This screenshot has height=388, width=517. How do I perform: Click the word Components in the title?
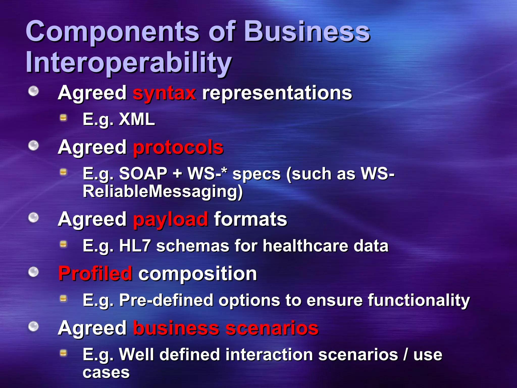click(112, 32)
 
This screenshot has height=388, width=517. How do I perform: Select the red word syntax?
click(164, 93)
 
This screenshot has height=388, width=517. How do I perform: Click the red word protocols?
click(178, 148)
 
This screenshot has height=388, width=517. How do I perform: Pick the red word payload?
click(170, 219)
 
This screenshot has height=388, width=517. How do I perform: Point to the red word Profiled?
click(95, 274)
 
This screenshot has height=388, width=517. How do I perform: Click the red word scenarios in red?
click(272, 328)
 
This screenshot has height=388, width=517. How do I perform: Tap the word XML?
click(137, 119)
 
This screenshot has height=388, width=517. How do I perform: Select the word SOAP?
click(143, 174)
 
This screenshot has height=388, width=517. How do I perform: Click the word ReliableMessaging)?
click(163, 191)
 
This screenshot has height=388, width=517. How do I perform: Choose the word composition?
click(198, 274)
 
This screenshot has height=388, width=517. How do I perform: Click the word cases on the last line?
click(106, 372)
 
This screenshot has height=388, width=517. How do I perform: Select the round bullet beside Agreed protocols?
click(33, 146)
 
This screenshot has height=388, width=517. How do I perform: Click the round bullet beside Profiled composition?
click(33, 272)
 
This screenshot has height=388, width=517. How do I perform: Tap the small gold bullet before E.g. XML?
click(63, 118)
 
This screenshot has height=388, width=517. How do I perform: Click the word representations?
click(277, 93)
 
